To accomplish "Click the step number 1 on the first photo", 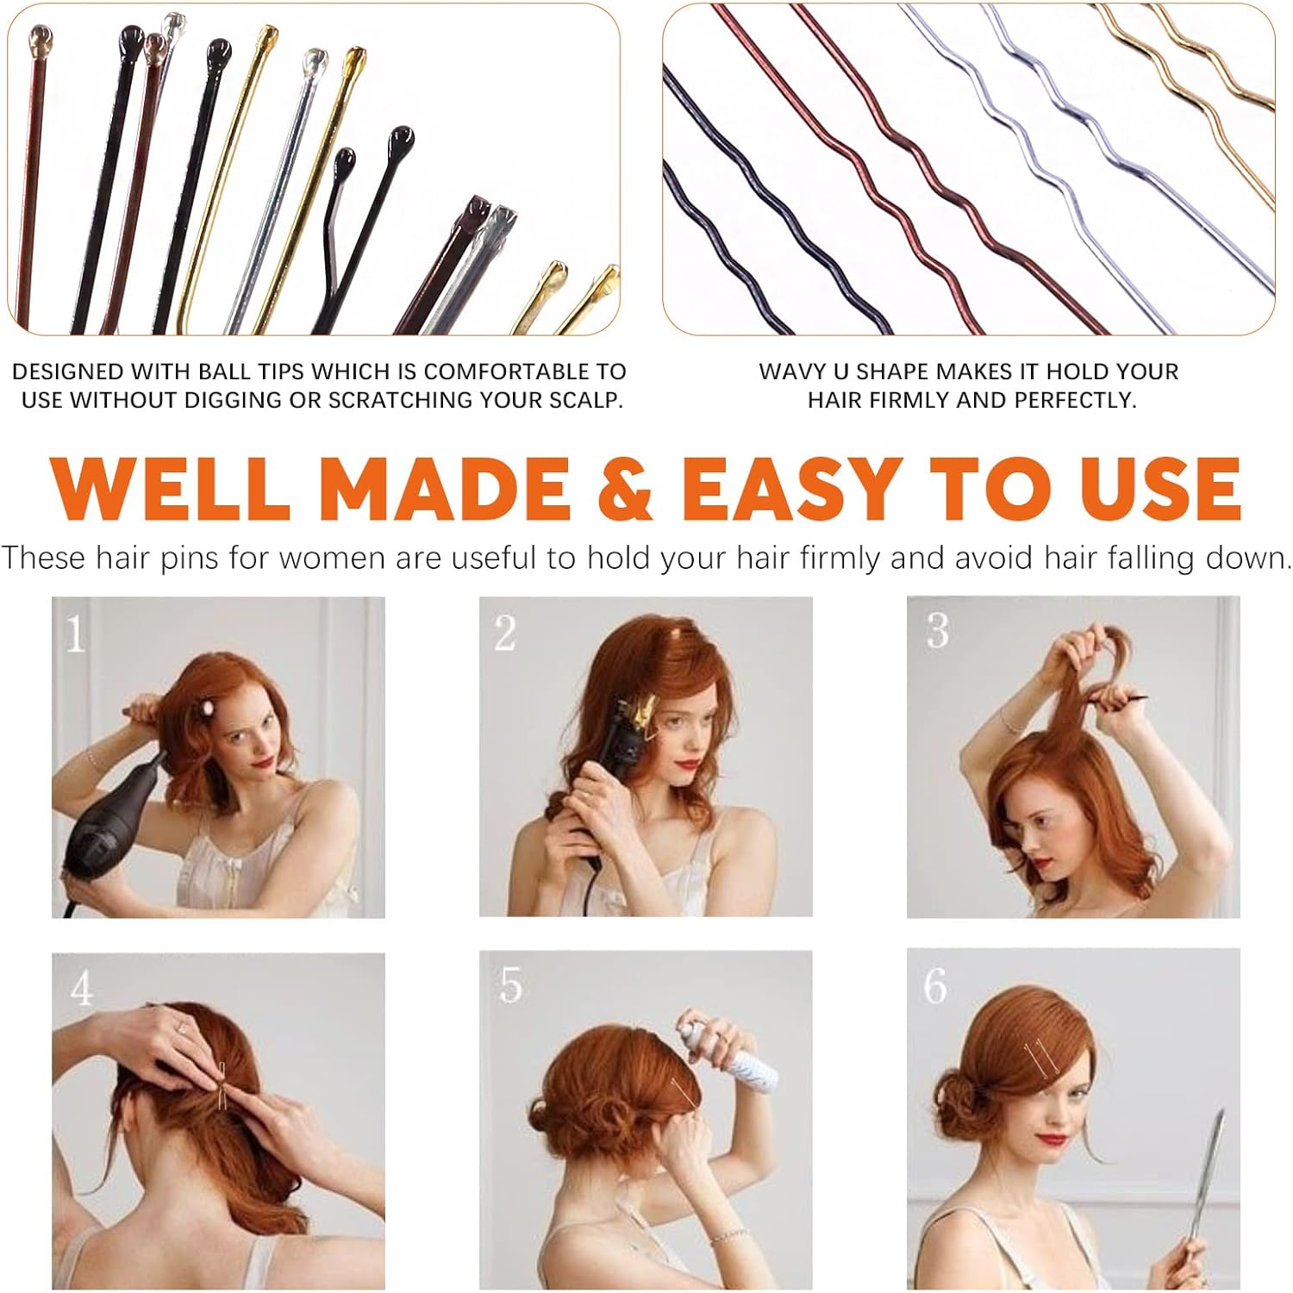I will [x=75, y=635].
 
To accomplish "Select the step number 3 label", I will [x=937, y=631].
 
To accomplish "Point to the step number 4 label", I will [x=82, y=989].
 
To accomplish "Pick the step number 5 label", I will [x=510, y=985].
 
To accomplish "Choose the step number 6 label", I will [x=935, y=986].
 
